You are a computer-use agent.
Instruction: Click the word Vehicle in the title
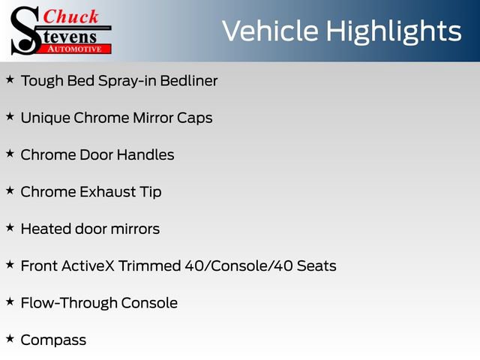pos(271,31)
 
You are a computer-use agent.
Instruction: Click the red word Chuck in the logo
pos(70,16)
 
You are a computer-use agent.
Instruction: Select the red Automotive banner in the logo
pos(74,49)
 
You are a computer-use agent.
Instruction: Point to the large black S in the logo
pos(25,31)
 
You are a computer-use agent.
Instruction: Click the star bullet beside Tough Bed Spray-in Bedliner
pos(10,79)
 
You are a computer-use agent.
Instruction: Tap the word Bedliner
pos(189,81)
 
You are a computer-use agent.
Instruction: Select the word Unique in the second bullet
pos(45,118)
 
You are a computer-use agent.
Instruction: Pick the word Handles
pos(145,154)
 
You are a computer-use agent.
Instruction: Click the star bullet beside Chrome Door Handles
pos(10,153)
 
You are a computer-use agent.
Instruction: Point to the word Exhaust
pos(108,192)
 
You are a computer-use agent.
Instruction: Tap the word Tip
pos(151,193)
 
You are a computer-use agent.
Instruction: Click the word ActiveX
pos(88,265)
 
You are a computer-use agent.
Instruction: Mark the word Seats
pos(316,265)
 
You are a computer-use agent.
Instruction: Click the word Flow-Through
pos(69,303)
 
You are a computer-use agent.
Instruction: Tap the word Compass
pos(53,340)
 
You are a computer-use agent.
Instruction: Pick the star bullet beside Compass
pos(10,338)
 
